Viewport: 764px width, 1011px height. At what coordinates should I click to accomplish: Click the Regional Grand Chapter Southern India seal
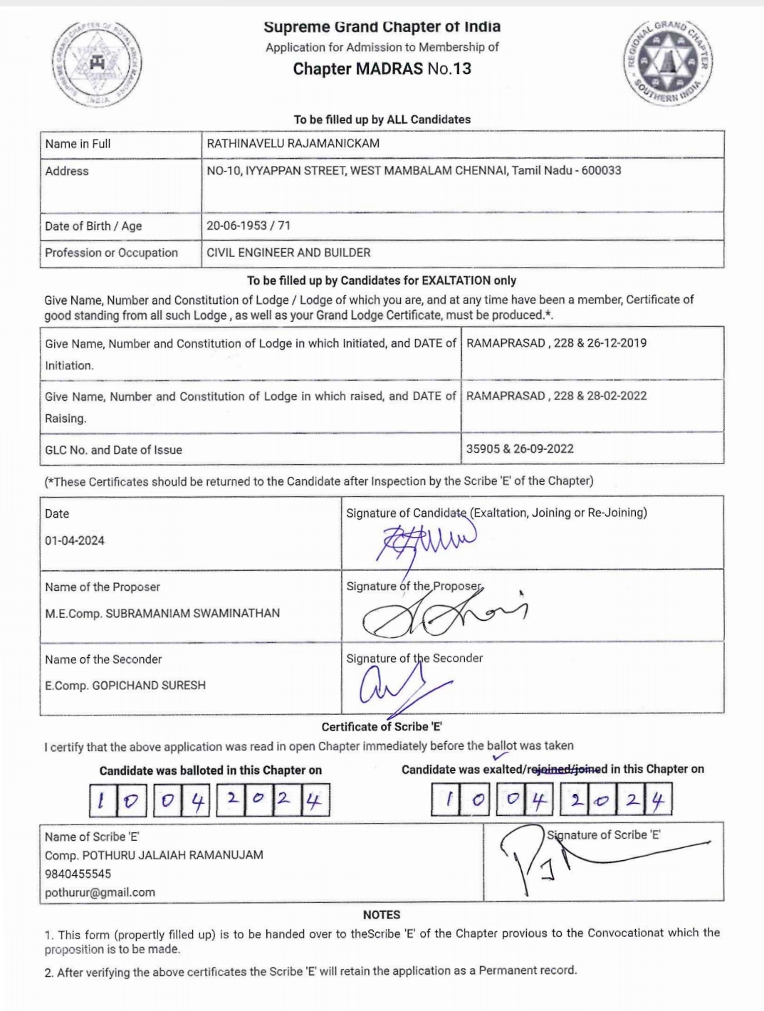pos(668,63)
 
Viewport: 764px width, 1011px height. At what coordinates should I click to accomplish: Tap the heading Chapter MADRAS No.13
pos(382,69)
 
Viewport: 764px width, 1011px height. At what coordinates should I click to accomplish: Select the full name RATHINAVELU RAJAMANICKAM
pos(293,143)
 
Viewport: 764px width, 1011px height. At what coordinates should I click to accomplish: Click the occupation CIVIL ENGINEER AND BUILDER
pos(288,253)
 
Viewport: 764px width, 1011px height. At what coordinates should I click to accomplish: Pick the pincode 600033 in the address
pos(601,170)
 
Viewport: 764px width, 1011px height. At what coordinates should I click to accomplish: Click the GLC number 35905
pos(483,449)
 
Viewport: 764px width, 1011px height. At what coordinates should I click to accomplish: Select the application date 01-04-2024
pos(75,540)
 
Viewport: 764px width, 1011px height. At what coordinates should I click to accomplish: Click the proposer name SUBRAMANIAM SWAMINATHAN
pos(192,613)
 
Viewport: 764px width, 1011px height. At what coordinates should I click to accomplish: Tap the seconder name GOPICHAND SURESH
pos(149,686)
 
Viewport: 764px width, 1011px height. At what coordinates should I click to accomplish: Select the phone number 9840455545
pos(78,874)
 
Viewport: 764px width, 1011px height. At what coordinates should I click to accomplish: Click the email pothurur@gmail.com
pos(100,892)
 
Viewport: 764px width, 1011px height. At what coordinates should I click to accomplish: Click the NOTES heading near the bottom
pos(382,915)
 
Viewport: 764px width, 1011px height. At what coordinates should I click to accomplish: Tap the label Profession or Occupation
pos(111,253)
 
